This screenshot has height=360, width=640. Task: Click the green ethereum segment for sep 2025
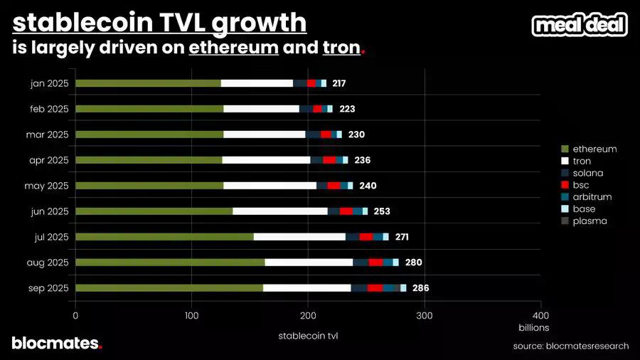click(169, 288)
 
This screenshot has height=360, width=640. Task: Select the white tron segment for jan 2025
click(257, 83)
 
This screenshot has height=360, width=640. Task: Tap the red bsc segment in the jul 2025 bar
click(366, 237)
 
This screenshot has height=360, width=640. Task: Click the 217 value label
click(338, 83)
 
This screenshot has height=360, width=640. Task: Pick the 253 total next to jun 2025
click(381, 211)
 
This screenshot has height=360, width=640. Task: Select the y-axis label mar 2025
click(48, 134)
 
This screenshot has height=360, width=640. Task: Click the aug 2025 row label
click(48, 263)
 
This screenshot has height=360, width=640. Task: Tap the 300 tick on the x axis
click(425, 315)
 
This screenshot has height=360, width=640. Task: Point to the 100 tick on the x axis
click(191, 315)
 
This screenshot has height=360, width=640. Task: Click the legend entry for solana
click(590, 173)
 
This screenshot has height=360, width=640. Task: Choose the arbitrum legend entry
click(592, 196)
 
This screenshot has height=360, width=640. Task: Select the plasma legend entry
click(590, 221)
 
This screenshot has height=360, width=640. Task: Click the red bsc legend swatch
click(565, 185)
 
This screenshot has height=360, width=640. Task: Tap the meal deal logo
click(580, 26)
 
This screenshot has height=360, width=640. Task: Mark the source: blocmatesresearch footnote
click(571, 346)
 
